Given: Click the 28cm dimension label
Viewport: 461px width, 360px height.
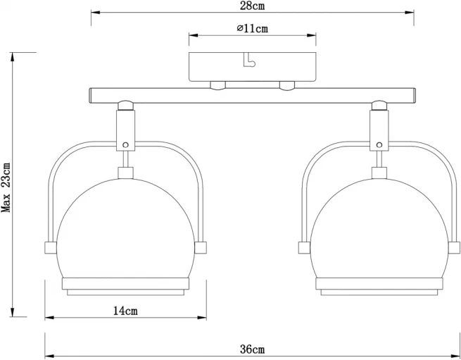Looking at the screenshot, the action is (252, 6).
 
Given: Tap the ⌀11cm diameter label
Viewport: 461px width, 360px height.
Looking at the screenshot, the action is (252, 28).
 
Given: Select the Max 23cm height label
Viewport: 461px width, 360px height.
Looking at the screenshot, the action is (6, 187).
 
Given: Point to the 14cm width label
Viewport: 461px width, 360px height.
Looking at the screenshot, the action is (125, 311).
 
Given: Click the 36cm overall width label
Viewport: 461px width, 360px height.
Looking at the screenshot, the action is (252, 349).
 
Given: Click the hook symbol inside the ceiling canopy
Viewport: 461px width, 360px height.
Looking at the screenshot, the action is (249, 60).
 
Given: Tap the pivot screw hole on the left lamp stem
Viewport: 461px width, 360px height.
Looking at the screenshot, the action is (125, 145).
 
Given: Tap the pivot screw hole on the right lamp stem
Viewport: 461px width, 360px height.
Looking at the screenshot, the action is (379, 145).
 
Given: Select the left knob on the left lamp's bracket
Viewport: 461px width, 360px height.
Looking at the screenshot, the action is (50, 247).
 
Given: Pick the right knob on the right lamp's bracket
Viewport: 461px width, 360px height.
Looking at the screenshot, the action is (454, 247).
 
